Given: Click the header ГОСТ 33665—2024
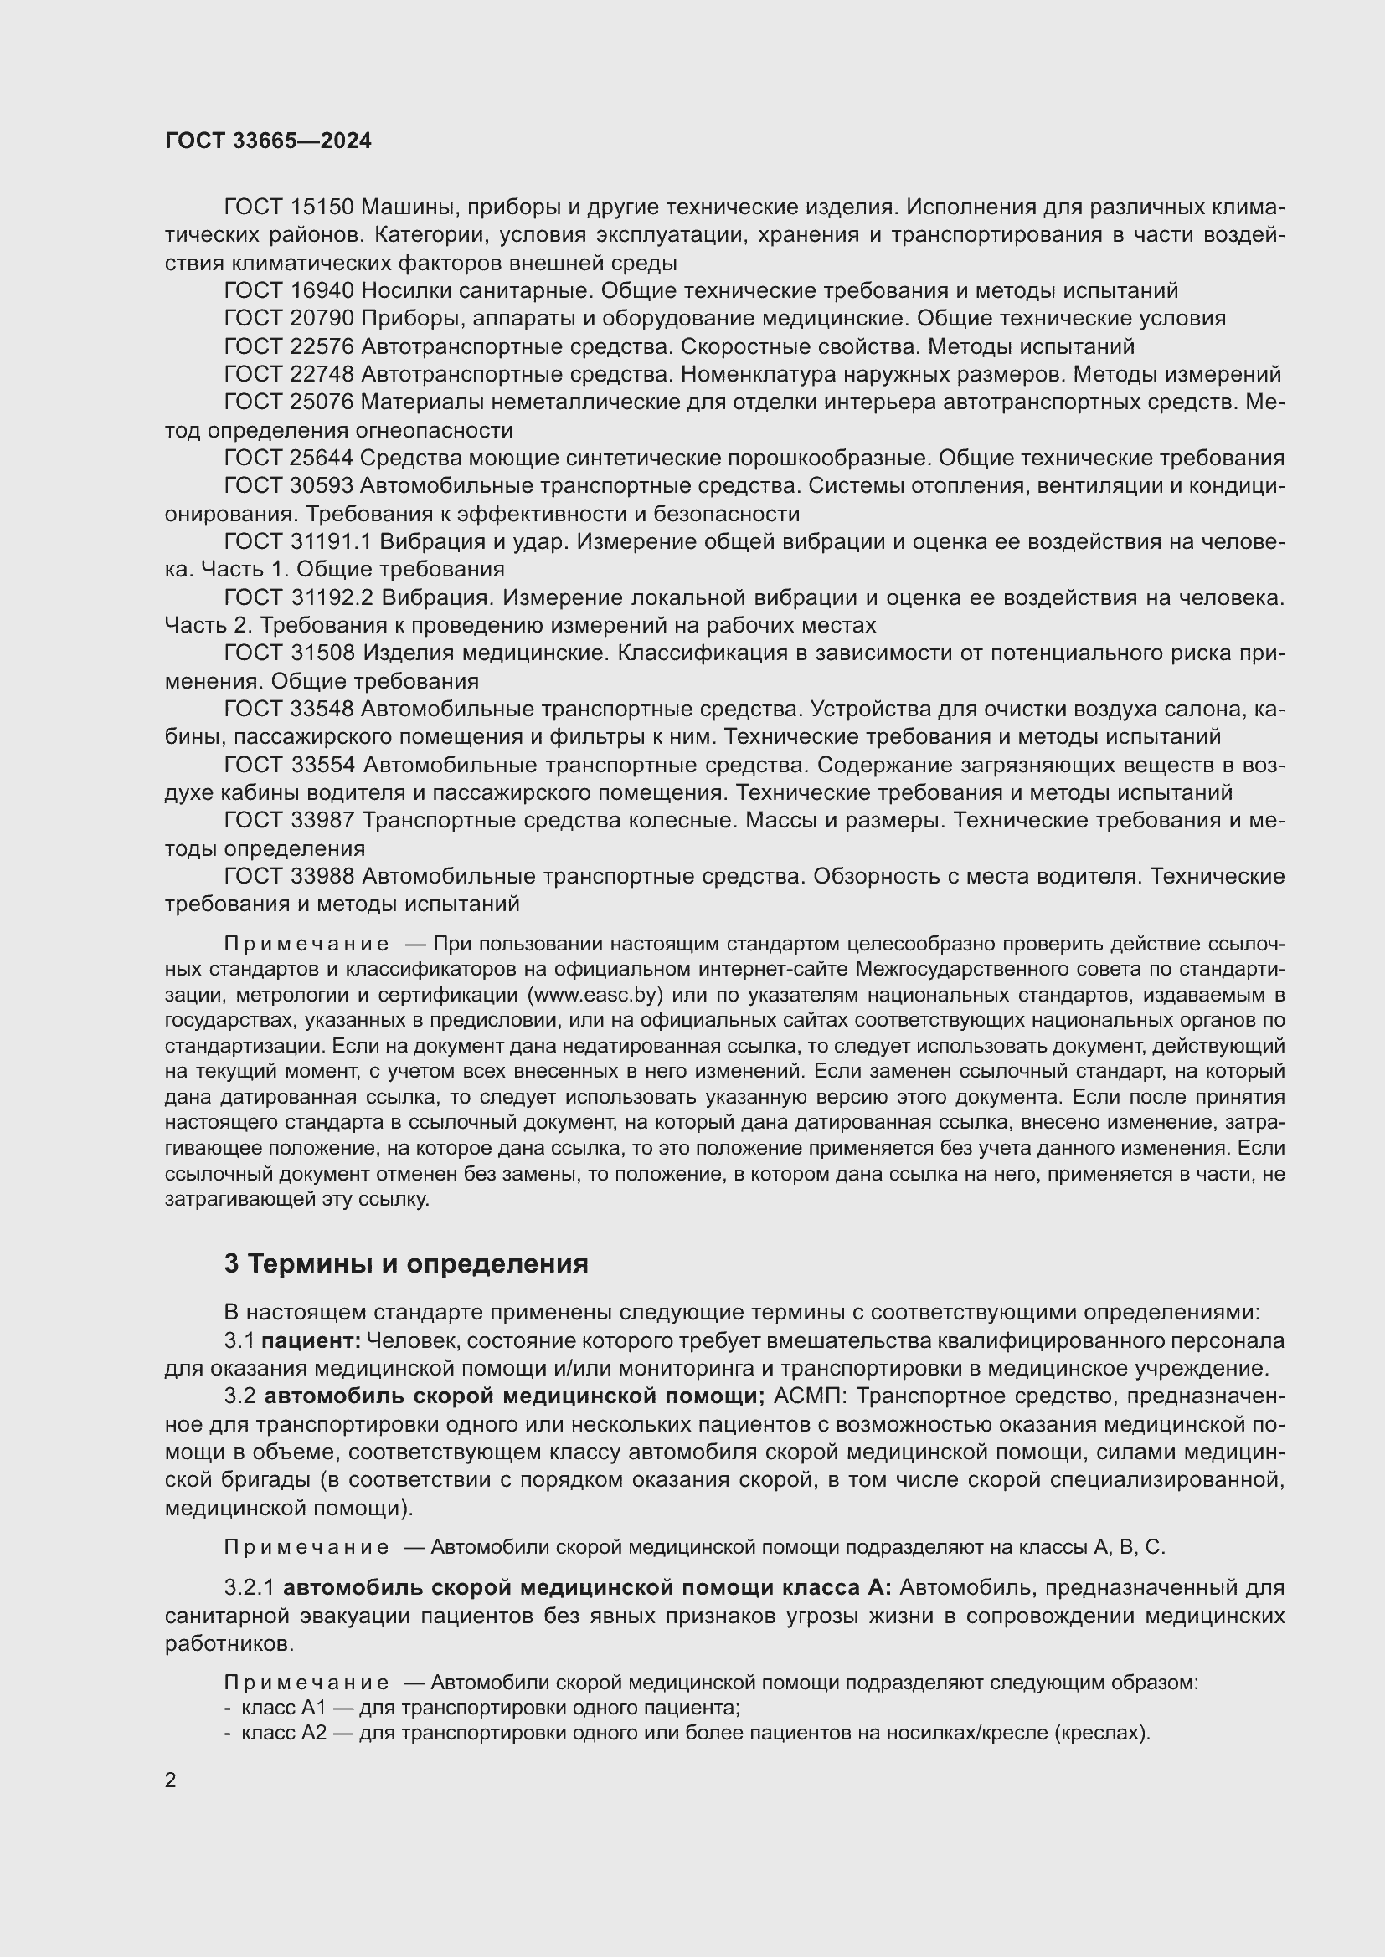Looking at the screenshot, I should point(268,141).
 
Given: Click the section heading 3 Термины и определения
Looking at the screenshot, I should point(406,1264).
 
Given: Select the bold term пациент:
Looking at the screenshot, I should point(311,1341).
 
